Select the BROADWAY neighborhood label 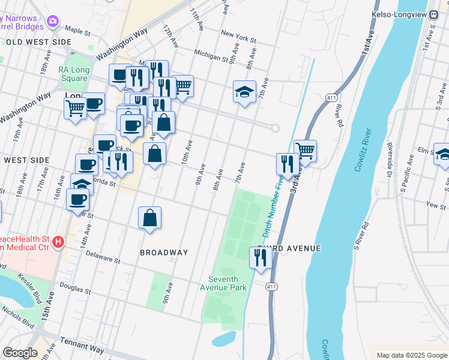tap(164, 253)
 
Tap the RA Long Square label tap(73, 74)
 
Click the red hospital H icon tap(58, 242)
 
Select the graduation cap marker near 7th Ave tap(244, 92)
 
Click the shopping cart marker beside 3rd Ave tap(306, 151)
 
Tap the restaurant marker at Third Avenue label tap(260, 258)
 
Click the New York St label tap(238, 37)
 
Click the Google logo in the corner tap(20, 353)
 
